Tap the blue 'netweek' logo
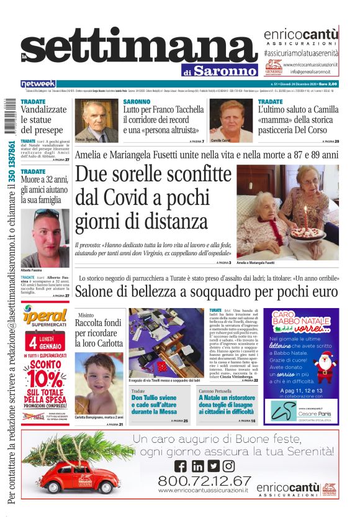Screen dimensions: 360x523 [38, 84]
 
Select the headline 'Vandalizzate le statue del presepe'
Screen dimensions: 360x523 [42, 120]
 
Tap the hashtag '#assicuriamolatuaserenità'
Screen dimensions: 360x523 [300, 54]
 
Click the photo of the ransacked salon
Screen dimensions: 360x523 [164, 342]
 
